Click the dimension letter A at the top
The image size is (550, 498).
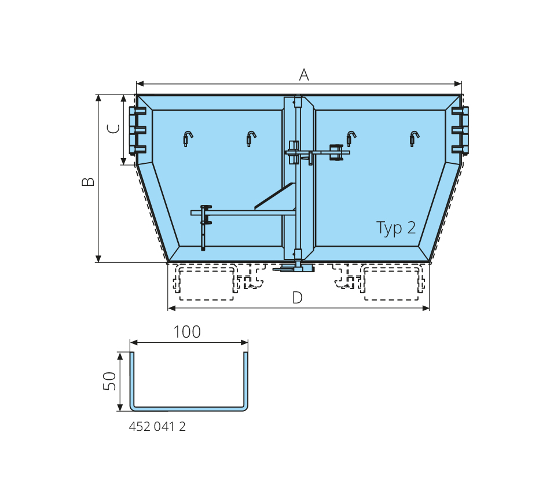tap(304, 75)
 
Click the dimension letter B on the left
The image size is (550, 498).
tap(88, 181)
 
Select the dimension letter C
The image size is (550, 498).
tap(113, 129)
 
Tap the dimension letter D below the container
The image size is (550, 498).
tap(297, 298)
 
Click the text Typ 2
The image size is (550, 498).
tap(396, 229)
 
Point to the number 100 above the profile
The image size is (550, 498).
tap(187, 332)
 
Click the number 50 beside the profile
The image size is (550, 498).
tap(109, 381)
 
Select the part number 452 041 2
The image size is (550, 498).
tap(157, 426)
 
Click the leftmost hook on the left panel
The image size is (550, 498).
tap(188, 138)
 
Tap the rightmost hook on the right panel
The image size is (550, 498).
tap(415, 138)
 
